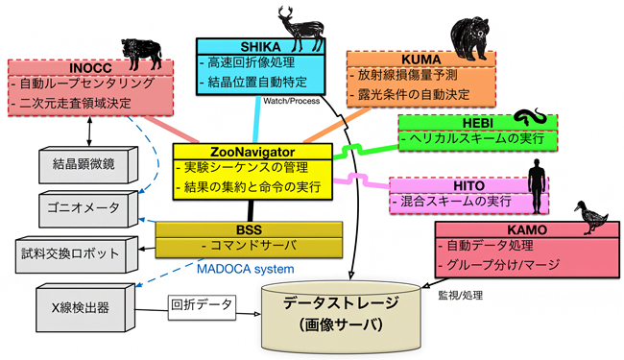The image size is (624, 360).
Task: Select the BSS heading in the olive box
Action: tap(222, 228)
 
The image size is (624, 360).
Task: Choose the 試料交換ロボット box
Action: tap(72, 253)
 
